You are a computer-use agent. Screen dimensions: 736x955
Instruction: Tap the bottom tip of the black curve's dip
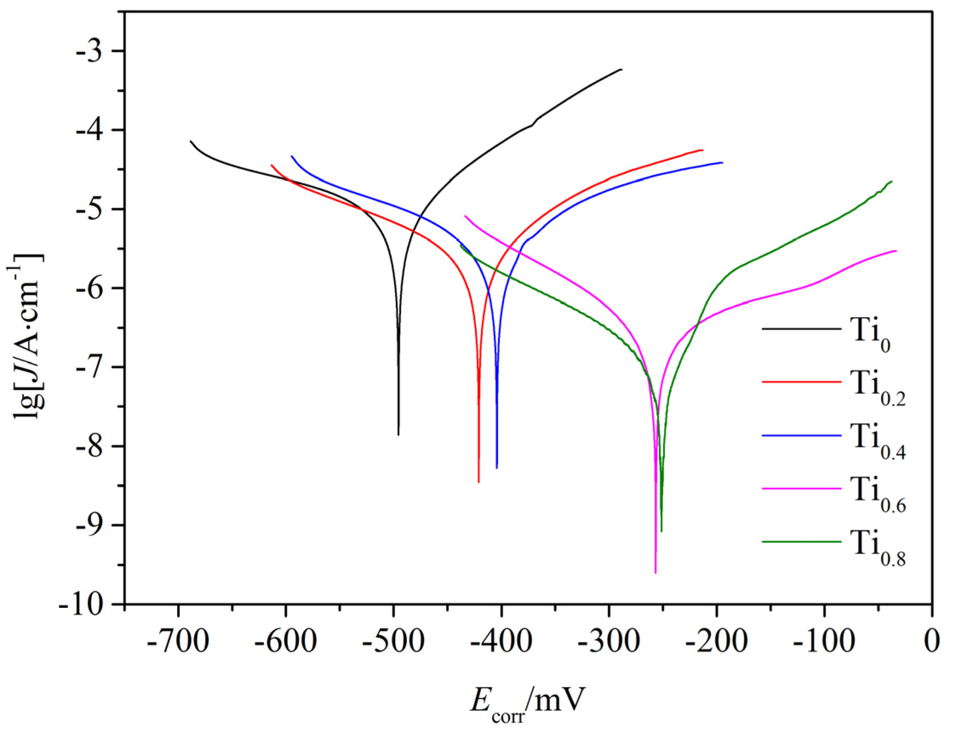coord(399,435)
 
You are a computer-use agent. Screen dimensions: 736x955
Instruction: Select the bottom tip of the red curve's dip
coord(479,482)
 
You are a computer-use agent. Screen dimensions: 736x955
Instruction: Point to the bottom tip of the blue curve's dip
coord(497,469)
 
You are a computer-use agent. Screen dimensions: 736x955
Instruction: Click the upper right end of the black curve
coord(621,69)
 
